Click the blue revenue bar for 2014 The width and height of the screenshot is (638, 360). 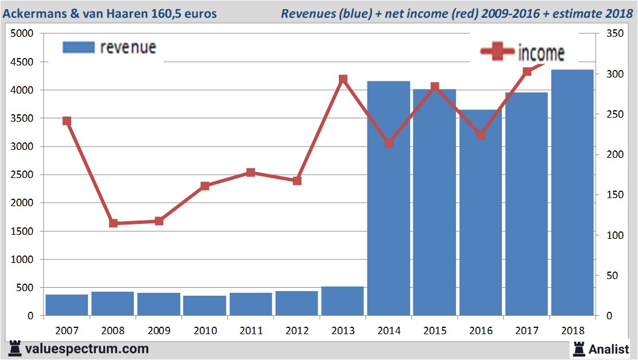point(389,198)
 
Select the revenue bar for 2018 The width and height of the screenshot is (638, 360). point(573,192)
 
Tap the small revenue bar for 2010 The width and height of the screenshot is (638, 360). point(205,305)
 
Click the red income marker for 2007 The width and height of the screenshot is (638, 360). point(67,121)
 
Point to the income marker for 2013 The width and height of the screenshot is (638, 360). point(343,79)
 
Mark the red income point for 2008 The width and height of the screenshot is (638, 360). point(113,223)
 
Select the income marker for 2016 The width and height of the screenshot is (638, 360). point(481,136)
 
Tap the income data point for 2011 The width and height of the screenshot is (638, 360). point(251,172)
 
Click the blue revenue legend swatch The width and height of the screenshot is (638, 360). point(78,48)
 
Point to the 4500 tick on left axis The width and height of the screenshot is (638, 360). point(23,62)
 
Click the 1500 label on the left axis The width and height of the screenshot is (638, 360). point(23,231)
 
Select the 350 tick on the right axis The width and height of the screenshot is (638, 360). point(607,34)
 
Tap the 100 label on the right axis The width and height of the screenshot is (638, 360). point(607,235)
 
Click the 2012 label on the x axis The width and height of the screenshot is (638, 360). point(297,331)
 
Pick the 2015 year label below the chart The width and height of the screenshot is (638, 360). point(435,331)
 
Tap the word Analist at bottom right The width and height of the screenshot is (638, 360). point(609,348)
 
